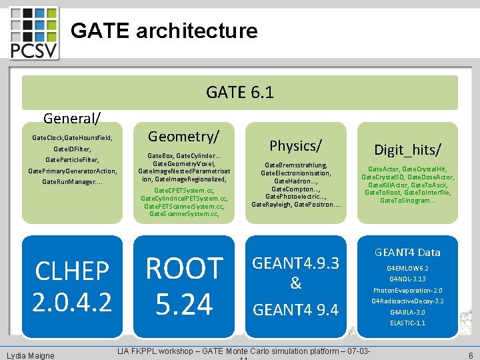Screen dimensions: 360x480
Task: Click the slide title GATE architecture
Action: pos(164,31)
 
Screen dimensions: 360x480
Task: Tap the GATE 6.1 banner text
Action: pos(240,92)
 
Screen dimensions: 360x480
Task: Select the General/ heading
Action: pos(72,119)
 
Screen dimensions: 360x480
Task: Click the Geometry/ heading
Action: pos(183,137)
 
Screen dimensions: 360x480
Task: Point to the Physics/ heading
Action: pos(295,145)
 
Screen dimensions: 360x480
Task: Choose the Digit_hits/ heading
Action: pos(407,149)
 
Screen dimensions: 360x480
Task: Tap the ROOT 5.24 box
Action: pos(184,286)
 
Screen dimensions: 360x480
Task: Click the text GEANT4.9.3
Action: pos(295,263)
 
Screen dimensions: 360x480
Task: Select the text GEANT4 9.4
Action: pos(295,309)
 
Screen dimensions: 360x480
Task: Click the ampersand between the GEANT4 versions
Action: pos(295,284)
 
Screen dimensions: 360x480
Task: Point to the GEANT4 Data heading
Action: pos(407,252)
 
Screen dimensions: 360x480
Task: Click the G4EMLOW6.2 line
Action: pos(407,268)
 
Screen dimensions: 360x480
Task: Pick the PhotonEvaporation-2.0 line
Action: pos(407,290)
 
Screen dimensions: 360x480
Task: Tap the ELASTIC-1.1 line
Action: pos(407,323)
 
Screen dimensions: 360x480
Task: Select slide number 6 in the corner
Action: pos(471,356)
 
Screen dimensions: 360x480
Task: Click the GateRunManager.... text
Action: pos(72,182)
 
